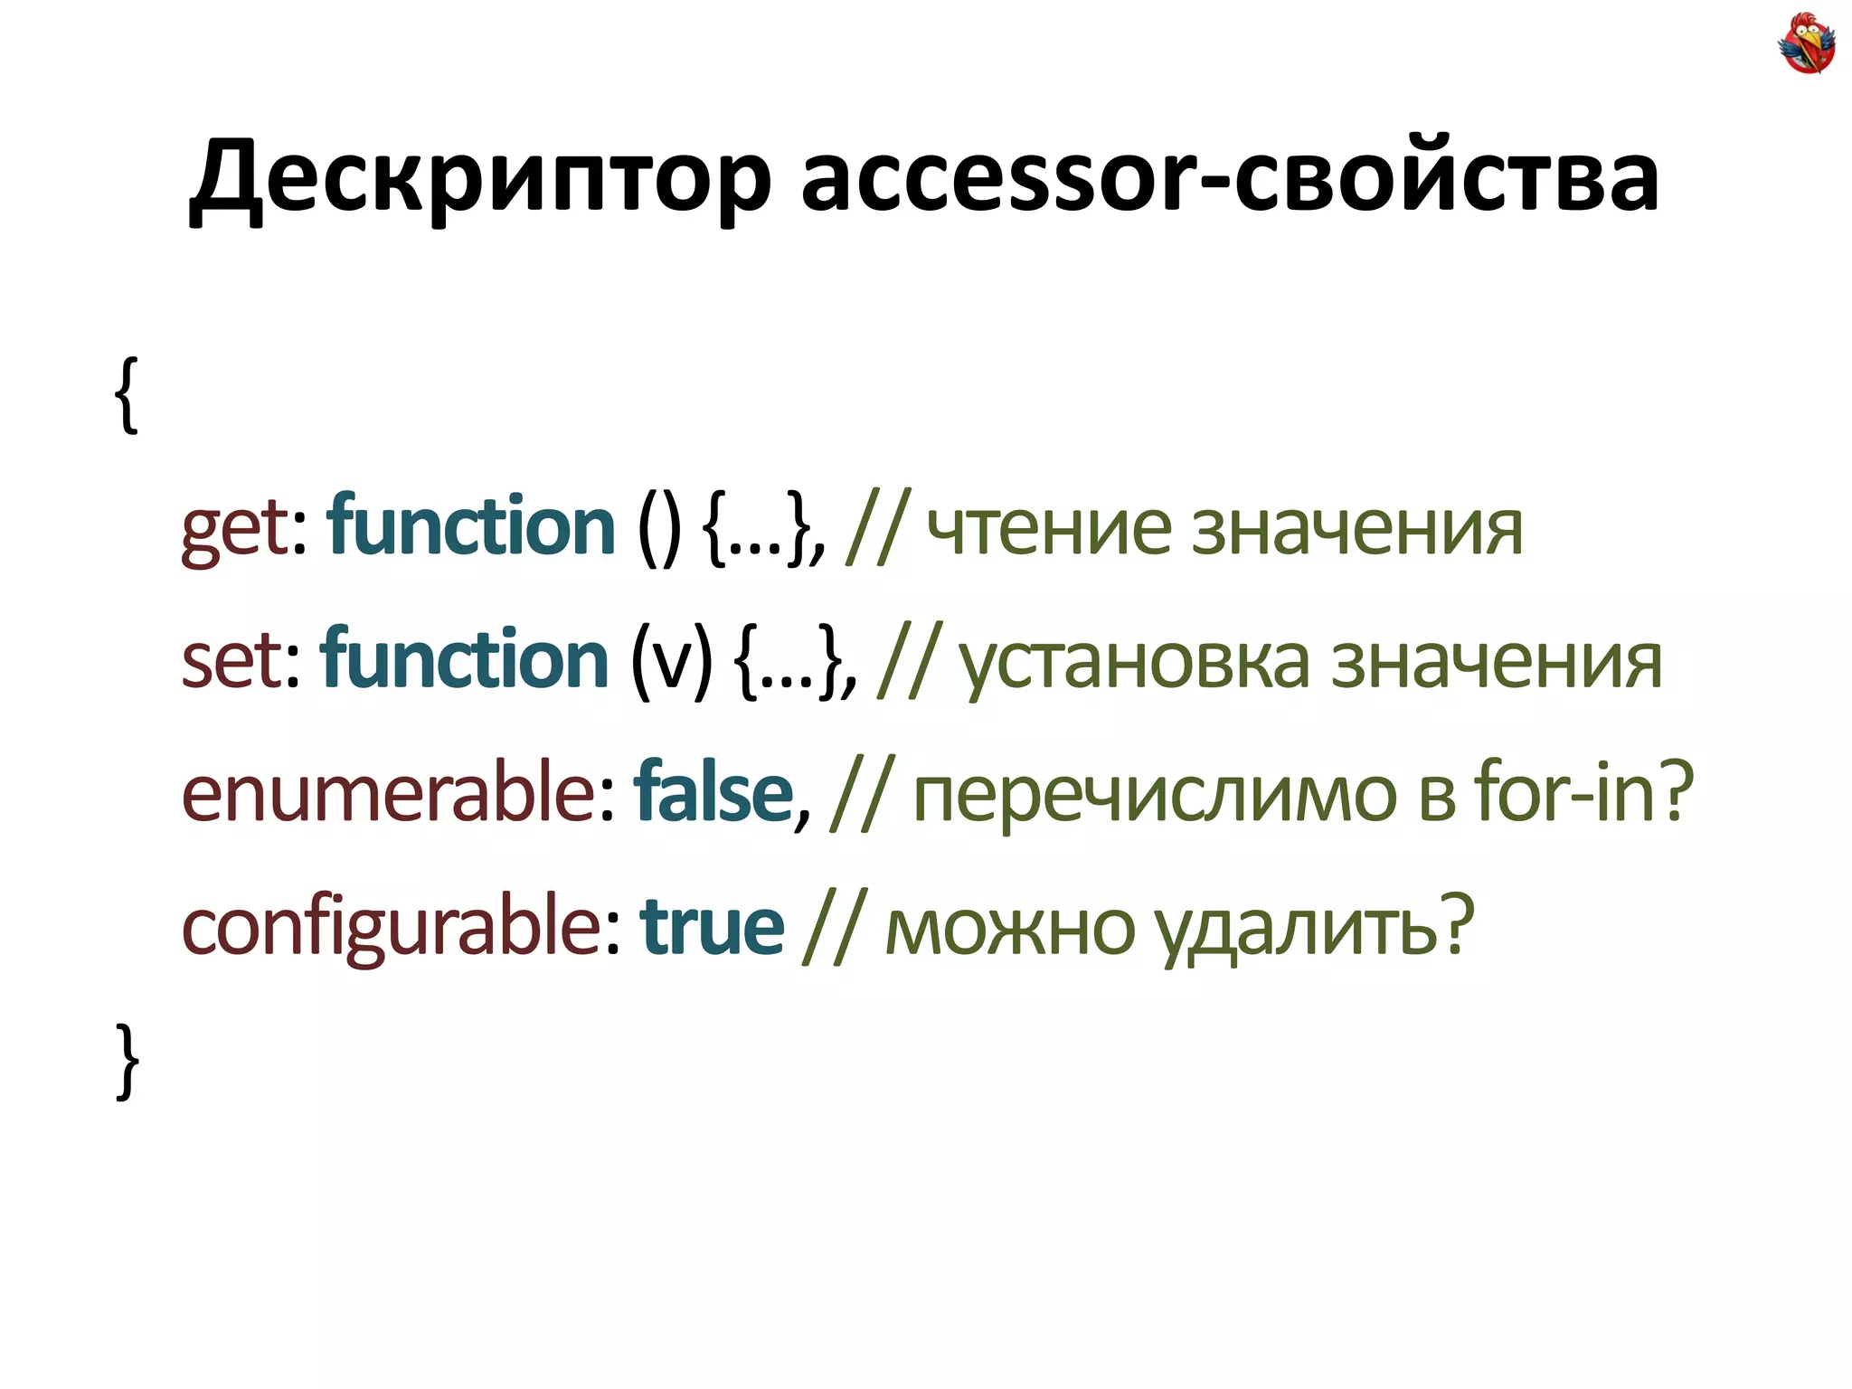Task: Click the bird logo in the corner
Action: pos(1806,43)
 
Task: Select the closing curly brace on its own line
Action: pos(128,1061)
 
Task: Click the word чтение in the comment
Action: pos(1049,528)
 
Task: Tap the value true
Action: pos(712,927)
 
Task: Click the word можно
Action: pos(1009,929)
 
